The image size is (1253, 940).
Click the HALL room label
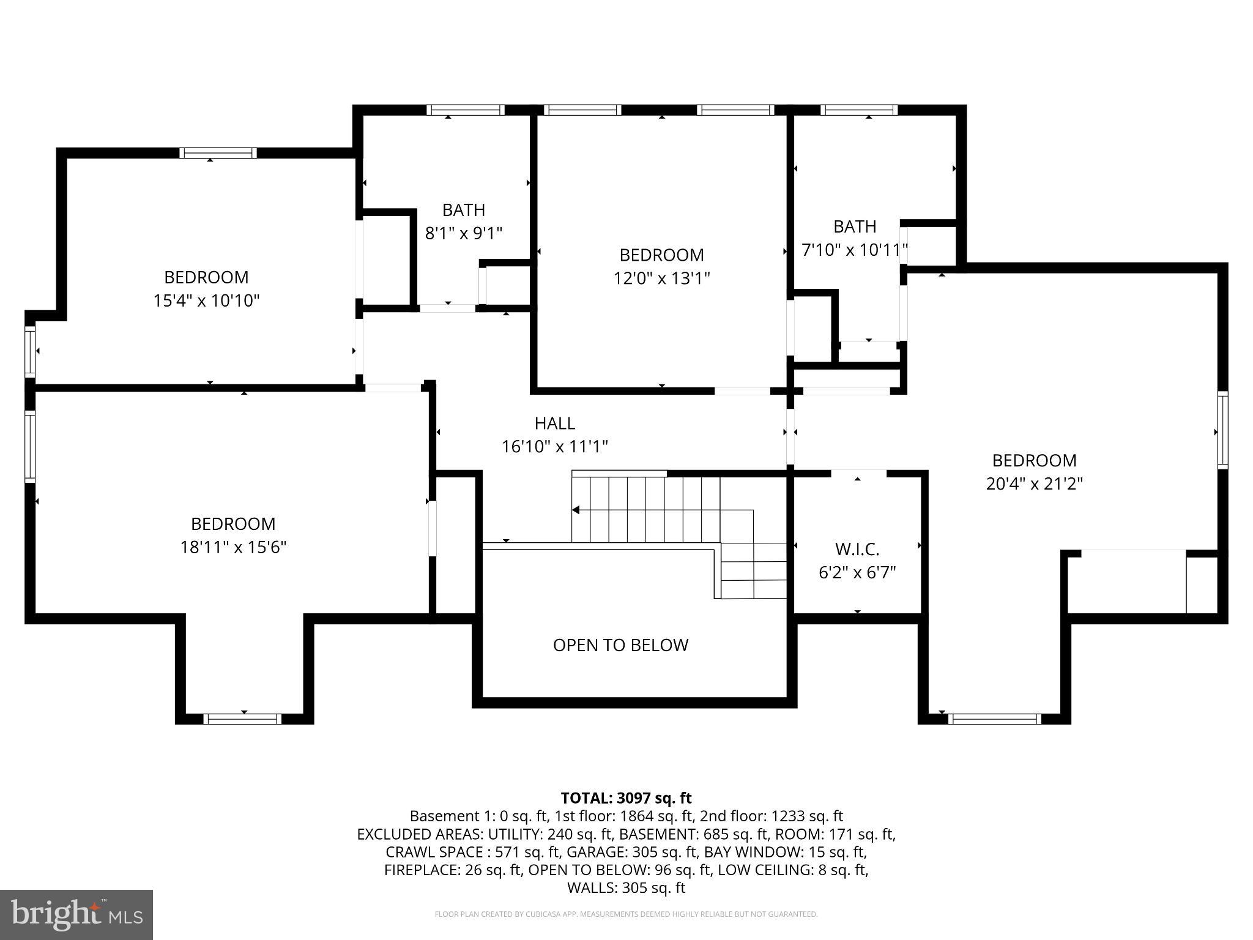click(554, 423)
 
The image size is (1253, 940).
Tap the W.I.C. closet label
click(857, 549)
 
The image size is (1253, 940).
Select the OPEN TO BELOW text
click(620, 645)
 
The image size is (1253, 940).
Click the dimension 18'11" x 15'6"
click(233, 547)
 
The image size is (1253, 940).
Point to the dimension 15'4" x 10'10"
click(206, 300)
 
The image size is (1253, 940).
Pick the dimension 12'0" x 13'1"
click(661, 278)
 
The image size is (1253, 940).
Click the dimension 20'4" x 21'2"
click(1034, 483)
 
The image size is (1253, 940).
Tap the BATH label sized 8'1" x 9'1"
click(464, 210)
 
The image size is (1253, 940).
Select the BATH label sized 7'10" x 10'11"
click(855, 226)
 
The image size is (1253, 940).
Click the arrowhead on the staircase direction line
click(576, 510)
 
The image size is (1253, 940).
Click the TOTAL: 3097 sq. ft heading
click(626, 798)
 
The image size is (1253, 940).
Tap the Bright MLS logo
click(76, 914)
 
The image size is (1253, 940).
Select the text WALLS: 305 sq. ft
click(626, 887)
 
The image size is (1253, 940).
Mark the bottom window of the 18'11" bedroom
click(243, 718)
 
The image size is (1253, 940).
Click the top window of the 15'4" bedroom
click(218, 153)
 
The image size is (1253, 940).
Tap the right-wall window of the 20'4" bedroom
click(1222, 430)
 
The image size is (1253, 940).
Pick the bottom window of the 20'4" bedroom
click(994, 718)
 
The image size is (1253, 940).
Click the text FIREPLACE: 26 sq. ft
click(453, 870)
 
